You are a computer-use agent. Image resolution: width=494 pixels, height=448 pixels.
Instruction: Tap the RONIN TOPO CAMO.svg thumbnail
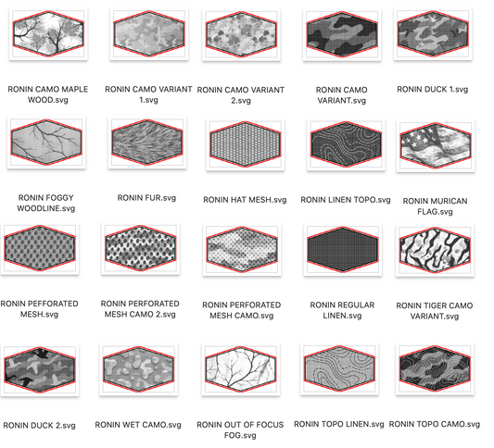[431, 369]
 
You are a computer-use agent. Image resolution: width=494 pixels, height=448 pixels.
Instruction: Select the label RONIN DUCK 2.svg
[39, 426]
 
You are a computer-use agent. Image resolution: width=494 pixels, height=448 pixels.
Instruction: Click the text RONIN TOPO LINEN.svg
[337, 425]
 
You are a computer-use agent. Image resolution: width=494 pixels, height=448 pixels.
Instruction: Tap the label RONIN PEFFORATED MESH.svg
[41, 309]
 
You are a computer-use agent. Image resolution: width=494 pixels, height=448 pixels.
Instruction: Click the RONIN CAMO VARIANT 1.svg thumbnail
[141, 36]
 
